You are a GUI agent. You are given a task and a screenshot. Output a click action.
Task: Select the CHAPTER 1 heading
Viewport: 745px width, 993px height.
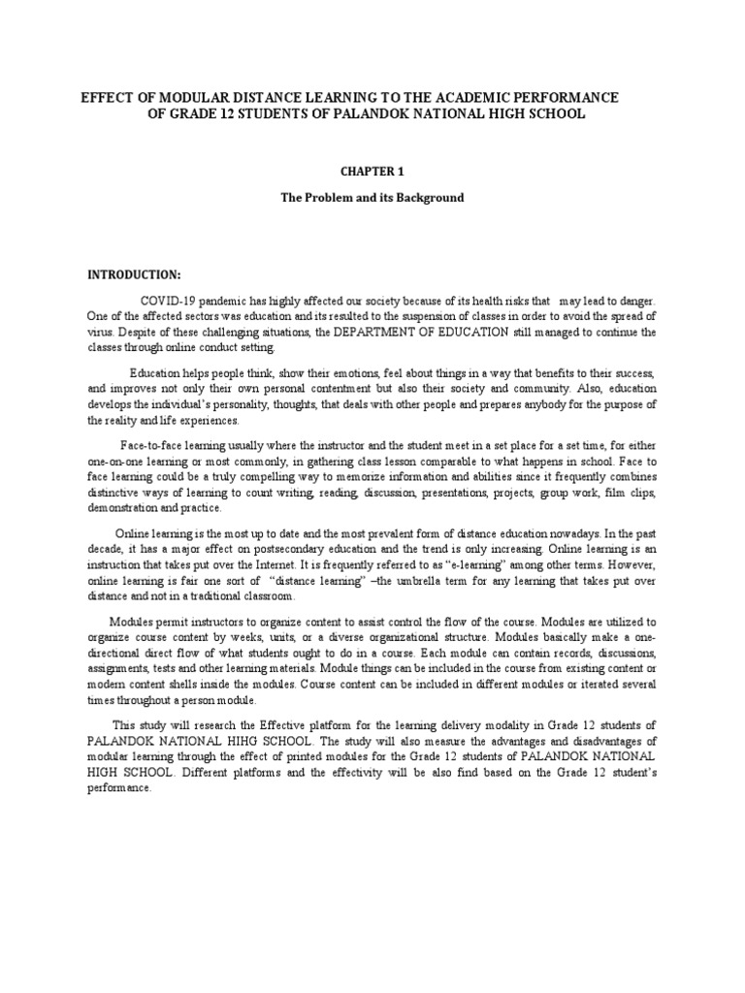click(x=372, y=172)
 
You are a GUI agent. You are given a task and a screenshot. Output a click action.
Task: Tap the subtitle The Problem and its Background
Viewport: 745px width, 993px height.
click(x=372, y=198)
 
